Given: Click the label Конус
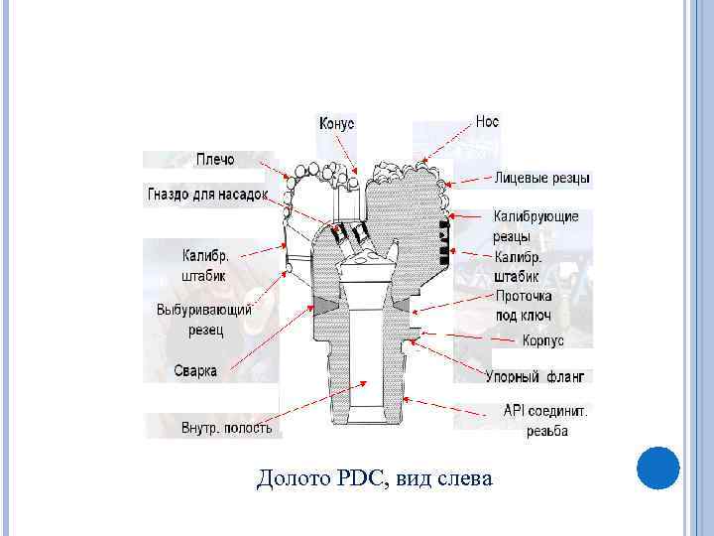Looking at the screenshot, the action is click(x=336, y=123).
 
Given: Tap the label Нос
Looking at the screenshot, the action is click(x=487, y=121).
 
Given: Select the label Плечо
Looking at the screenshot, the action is click(x=215, y=160).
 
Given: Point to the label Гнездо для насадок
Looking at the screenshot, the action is click(x=208, y=194).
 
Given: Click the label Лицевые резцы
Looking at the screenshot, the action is click(x=542, y=180).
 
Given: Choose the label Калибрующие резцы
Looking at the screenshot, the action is click(x=535, y=226).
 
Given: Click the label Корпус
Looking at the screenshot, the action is click(x=542, y=340).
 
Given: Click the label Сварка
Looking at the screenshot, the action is click(x=196, y=370).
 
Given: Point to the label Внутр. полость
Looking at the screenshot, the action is click(x=226, y=428).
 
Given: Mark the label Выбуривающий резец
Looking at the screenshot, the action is click(x=204, y=319).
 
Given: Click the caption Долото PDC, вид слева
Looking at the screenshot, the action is click(x=374, y=479).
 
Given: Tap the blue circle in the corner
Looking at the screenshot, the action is click(x=656, y=468).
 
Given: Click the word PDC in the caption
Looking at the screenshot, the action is click(x=352, y=479).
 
